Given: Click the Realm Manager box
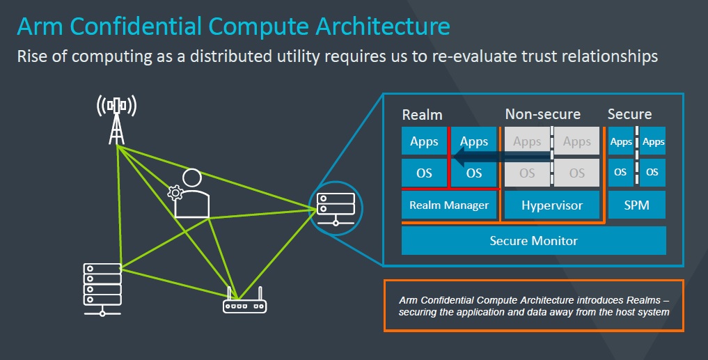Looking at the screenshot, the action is point(449,205).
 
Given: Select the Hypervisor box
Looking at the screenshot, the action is point(552,205).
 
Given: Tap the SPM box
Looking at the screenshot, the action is point(637,205).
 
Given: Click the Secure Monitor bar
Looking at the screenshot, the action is point(534,241).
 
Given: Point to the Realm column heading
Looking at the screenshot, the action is point(422,115).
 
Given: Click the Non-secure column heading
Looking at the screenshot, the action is point(543,114).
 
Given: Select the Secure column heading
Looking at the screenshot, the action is point(629,114).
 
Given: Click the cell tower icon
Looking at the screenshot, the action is point(116,120).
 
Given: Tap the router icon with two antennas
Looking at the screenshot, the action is point(244,300).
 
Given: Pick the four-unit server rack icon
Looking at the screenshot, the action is point(102,289).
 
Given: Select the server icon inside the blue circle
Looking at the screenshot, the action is point(336,209).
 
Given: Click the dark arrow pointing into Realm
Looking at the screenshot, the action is point(501,157).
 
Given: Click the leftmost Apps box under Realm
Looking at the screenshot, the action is point(424,141).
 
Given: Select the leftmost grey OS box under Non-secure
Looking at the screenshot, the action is point(527,173).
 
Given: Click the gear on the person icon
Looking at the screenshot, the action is point(175,193).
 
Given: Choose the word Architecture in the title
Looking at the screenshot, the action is point(382,26).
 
